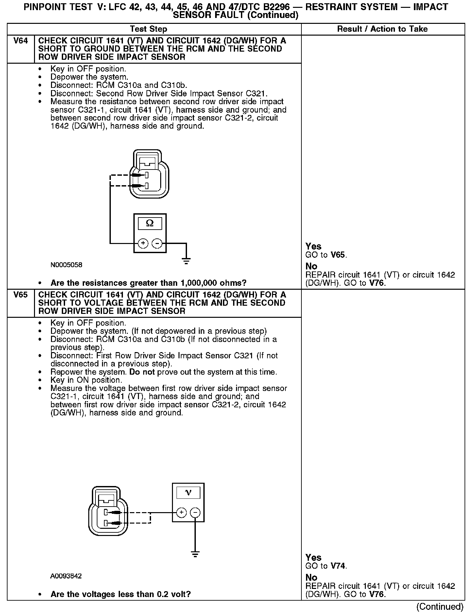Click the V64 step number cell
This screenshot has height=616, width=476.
(20, 41)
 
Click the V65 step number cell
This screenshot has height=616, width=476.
(20, 295)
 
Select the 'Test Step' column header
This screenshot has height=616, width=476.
(148, 29)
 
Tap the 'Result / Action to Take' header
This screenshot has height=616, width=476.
(382, 29)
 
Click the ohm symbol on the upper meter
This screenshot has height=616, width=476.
(150, 223)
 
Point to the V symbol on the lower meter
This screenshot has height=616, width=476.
(188, 493)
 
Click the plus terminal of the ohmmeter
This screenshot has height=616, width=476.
(143, 243)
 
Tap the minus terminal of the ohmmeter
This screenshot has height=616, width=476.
(157, 243)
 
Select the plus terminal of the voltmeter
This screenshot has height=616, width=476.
(181, 513)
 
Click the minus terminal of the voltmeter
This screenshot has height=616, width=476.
(195, 513)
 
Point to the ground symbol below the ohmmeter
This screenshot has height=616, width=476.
(186, 261)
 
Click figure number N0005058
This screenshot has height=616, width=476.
(66, 265)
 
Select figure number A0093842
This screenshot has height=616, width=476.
(66, 576)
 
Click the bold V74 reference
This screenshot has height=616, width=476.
(338, 566)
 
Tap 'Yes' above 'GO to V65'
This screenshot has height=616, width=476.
(313, 246)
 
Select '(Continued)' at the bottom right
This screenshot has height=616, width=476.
(440, 607)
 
